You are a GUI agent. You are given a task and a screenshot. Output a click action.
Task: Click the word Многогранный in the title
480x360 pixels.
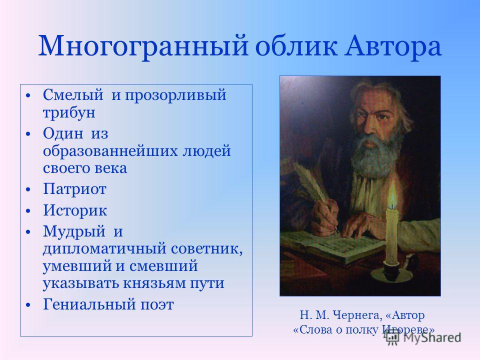coord(143,46)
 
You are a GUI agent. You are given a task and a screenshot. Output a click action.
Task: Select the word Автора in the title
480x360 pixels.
coord(393,46)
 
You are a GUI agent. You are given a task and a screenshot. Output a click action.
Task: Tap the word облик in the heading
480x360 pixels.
coord(296,46)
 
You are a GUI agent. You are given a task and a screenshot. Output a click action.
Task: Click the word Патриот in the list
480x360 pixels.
coord(74,189)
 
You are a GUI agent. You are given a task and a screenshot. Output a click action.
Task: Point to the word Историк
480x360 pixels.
coord(75,210)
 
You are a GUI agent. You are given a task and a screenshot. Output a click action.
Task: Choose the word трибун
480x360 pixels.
coord(69,112)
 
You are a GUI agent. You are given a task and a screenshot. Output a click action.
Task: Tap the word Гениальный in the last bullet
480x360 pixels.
coord(89,304)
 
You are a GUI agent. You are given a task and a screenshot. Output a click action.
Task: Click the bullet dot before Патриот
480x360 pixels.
coord(28,190)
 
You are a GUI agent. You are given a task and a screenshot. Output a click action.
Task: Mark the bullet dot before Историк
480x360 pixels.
coord(28,211)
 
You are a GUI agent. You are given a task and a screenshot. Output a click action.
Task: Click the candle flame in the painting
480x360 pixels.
coord(392,193)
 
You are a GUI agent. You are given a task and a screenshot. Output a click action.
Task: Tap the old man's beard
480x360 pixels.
coord(375,150)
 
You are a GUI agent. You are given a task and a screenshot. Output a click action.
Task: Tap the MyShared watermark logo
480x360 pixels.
coord(423,338)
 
